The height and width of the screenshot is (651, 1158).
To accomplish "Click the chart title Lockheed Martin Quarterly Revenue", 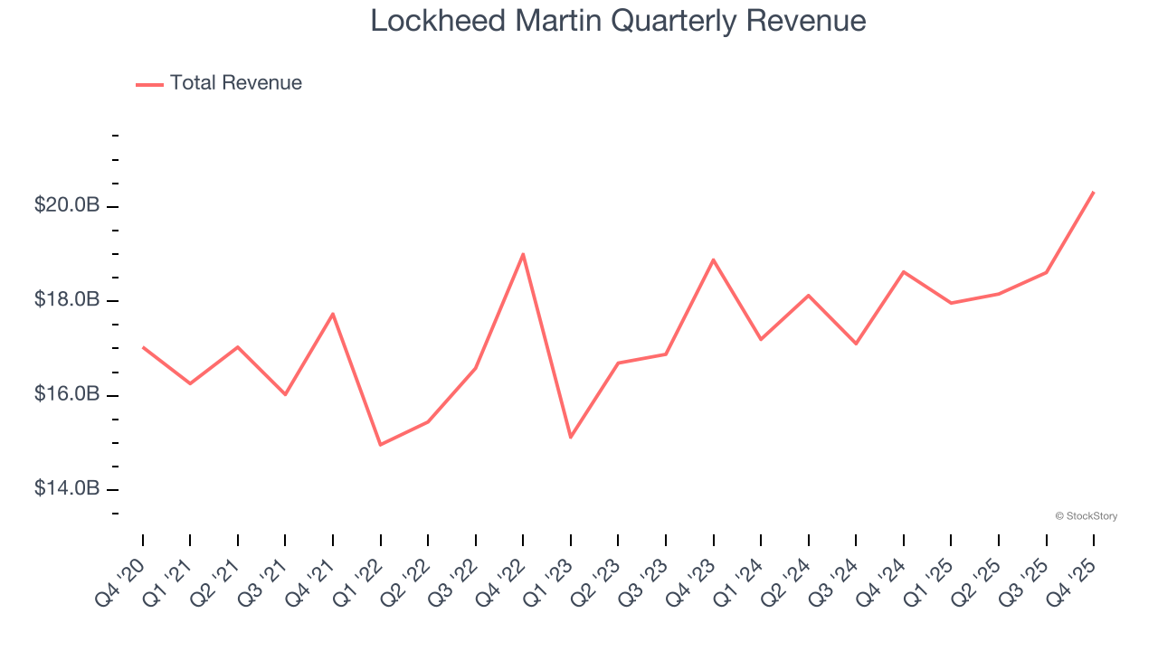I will tap(618, 21).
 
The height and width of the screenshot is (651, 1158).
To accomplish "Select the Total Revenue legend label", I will tap(235, 83).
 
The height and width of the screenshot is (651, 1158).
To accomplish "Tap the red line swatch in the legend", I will tap(149, 84).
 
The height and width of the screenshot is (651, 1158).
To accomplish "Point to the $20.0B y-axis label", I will tap(67, 205).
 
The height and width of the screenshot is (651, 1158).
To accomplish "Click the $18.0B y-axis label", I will tap(67, 299).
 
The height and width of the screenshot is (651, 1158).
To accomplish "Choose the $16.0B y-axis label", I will tap(67, 394).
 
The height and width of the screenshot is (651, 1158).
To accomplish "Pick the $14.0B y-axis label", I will tap(67, 488).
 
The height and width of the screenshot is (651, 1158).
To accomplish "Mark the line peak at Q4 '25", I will tap(1094, 192).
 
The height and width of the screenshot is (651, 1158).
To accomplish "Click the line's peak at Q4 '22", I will tap(523, 254).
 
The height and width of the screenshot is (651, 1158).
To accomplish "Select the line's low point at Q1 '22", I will tap(380, 445).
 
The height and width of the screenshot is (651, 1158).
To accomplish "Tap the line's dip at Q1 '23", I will tap(571, 438).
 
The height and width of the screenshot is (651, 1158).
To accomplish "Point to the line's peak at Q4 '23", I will tap(714, 259).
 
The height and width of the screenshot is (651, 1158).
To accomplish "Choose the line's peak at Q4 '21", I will tap(333, 314).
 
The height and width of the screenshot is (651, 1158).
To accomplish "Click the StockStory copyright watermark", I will tap(1086, 516).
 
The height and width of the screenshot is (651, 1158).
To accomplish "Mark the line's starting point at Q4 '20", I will tap(143, 347).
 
